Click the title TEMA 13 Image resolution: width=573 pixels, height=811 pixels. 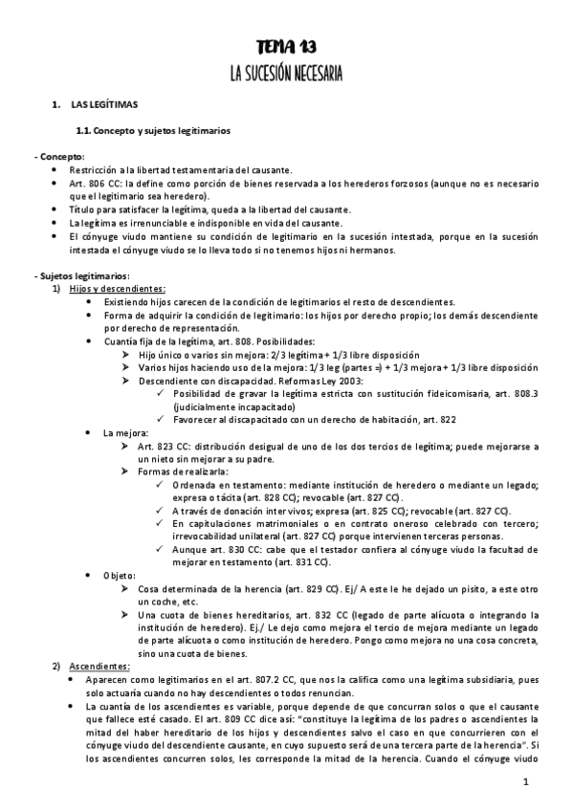(x=286, y=47)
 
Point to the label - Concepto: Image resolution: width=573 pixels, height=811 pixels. (x=59, y=156)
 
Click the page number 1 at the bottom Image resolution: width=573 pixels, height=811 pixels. (x=526, y=782)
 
